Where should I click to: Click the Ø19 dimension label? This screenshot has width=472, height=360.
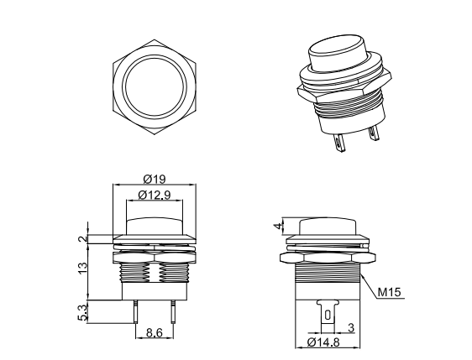tap(153, 178)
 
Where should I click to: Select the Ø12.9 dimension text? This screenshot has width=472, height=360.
tap(153, 196)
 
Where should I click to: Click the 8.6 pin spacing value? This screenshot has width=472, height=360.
tap(153, 333)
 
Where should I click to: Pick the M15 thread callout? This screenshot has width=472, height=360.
tap(389, 294)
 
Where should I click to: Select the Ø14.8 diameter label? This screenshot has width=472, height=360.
tap(324, 342)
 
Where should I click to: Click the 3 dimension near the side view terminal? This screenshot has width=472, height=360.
tap(350, 326)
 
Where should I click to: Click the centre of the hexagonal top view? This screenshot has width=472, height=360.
tap(154, 86)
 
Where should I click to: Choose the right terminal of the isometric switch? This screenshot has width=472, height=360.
tap(375, 133)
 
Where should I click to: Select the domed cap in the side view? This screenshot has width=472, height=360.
tap(327, 225)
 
